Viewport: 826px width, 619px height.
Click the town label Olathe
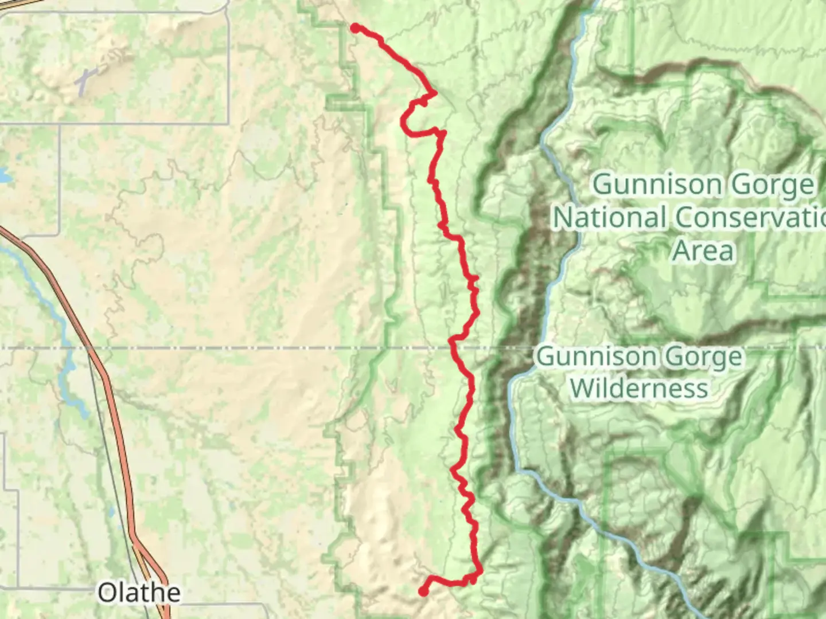(x=139, y=593)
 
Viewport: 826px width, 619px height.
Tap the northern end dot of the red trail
(x=356, y=28)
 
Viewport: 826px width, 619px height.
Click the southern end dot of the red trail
(x=423, y=591)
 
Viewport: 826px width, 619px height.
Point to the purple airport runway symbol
(x=85, y=81)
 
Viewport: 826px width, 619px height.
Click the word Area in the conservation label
(x=703, y=250)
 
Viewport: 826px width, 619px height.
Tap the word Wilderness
(x=639, y=388)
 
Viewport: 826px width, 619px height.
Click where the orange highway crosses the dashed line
(x=89, y=348)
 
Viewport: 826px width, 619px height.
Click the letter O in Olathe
(x=107, y=593)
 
